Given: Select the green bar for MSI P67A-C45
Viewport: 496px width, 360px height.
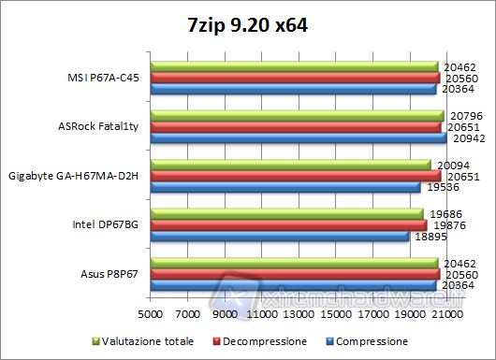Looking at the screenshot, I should click(x=294, y=67).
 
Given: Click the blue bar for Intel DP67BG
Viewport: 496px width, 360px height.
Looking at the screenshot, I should click(x=280, y=236).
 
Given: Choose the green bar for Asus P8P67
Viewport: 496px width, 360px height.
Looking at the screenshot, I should click(x=294, y=263).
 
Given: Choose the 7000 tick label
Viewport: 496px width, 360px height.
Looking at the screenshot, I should click(x=188, y=315).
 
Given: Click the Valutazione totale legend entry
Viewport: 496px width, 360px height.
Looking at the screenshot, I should click(x=142, y=341).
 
